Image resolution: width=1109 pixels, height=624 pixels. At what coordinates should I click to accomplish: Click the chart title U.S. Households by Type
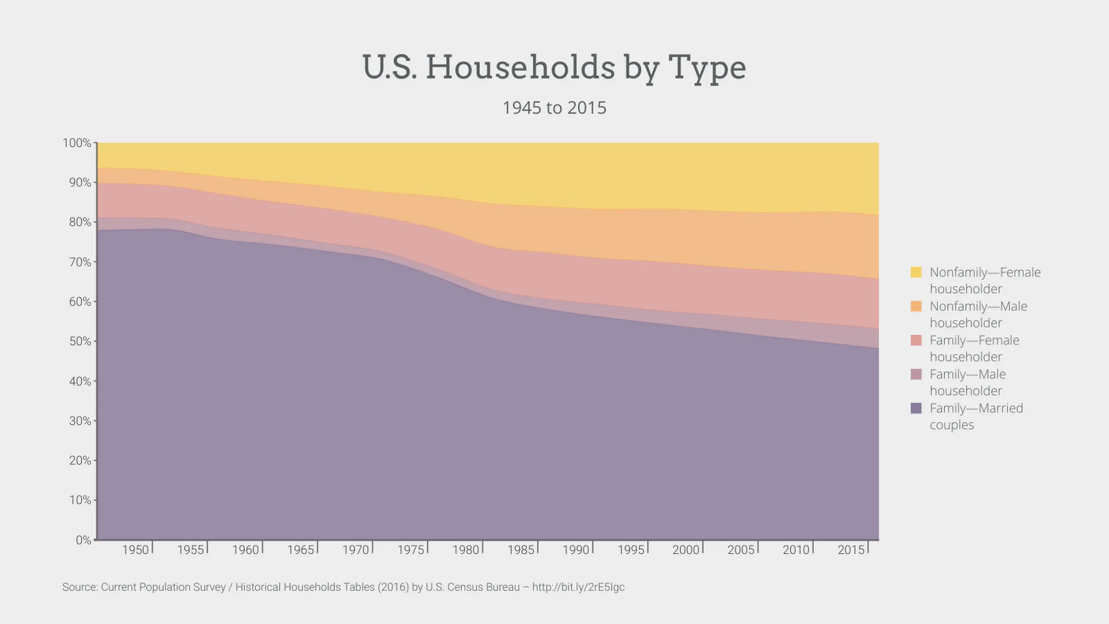(554, 68)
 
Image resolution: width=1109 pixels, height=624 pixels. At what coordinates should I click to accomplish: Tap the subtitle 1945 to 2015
(554, 108)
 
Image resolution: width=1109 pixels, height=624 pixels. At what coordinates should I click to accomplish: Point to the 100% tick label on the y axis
(76, 143)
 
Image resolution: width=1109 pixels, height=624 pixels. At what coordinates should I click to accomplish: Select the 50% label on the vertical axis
(80, 342)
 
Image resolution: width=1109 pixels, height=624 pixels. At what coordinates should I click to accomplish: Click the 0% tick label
(83, 540)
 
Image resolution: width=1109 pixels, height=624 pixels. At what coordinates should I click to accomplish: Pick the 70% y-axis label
(80, 262)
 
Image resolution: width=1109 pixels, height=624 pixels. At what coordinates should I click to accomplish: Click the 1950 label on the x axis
(135, 550)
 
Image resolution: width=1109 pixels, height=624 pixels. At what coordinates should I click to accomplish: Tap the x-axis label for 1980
(465, 550)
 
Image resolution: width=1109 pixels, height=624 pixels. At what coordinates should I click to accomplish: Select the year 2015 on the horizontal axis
(851, 550)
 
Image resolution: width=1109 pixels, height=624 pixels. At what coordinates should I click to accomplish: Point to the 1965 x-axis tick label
(301, 550)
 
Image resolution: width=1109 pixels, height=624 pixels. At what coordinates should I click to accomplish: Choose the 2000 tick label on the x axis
(685, 550)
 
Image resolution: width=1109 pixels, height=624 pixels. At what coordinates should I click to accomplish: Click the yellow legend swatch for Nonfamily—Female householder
(916, 272)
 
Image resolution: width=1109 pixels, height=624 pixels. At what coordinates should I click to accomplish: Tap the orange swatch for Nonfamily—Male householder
(916, 306)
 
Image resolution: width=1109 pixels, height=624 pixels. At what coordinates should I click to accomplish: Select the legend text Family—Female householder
(974, 348)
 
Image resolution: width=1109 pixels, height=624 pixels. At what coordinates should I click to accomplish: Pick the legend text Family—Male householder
(967, 382)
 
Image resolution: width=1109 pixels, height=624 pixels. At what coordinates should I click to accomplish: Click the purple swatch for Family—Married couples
(916, 408)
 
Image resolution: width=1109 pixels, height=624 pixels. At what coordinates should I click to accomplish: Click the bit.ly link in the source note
(578, 587)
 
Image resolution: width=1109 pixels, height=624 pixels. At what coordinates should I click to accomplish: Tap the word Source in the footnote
(80, 587)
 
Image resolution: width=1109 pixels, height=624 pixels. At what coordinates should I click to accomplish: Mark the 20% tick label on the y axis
(80, 461)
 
